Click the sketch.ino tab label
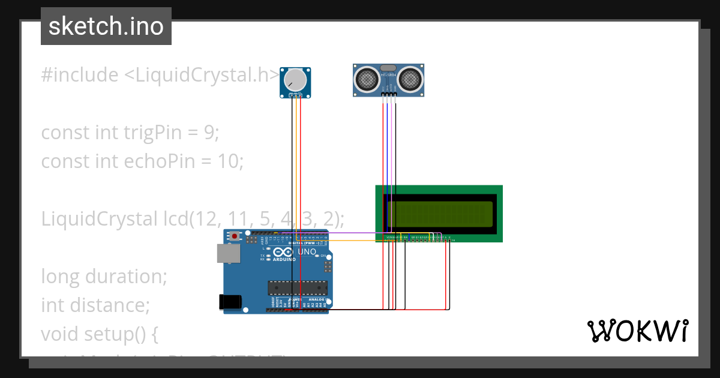tap(106, 26)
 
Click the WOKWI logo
tap(637, 331)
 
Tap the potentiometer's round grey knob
tap(295, 80)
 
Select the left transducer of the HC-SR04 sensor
tap(366, 78)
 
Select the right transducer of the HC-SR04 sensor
tap(411, 78)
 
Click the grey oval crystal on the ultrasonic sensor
tap(388, 68)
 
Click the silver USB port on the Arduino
tap(228, 254)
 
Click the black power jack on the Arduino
tap(230, 302)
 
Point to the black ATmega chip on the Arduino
tap(298, 287)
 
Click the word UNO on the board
tap(307, 253)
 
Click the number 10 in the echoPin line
tap(230, 161)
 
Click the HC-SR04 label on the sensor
tap(388, 74)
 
